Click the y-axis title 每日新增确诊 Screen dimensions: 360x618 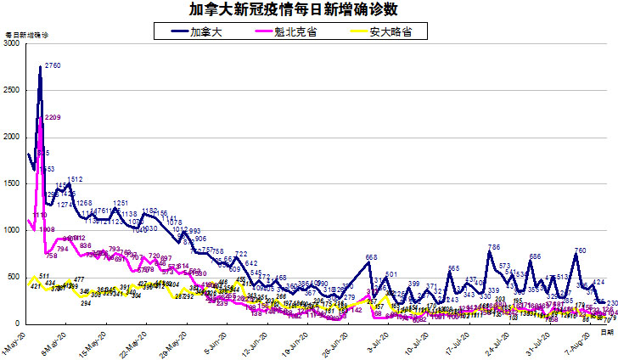(x=27, y=35)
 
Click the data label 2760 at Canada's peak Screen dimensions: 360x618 (x=53, y=65)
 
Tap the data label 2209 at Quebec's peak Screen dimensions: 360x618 (x=53, y=117)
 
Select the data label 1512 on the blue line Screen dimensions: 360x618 (x=75, y=179)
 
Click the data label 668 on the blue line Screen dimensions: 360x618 (x=371, y=256)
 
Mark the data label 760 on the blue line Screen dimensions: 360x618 (x=581, y=250)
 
